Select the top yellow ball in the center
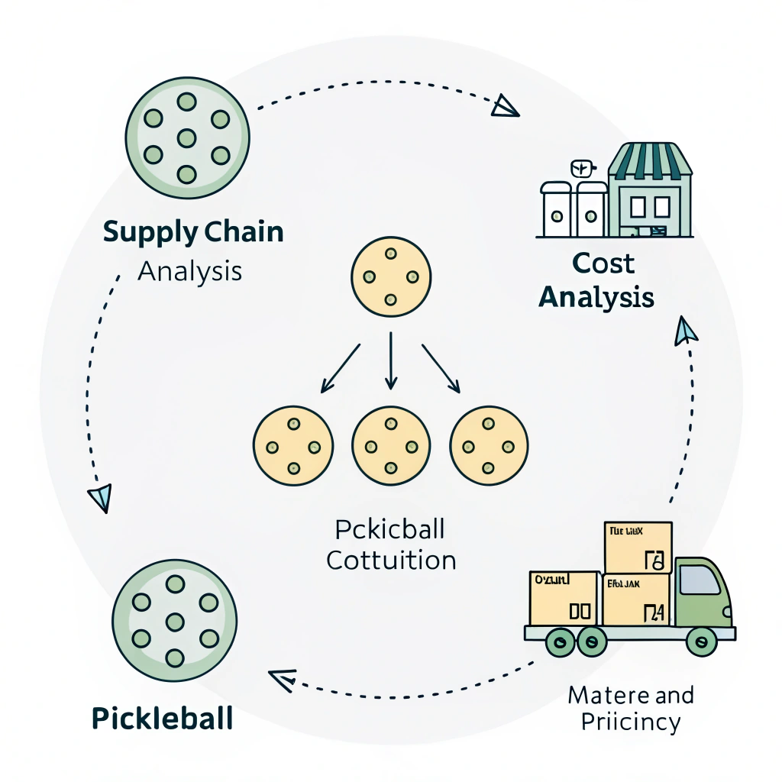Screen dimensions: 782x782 [x=390, y=276]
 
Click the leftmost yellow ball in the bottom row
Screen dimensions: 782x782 [x=293, y=445]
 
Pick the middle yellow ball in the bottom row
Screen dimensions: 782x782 [x=391, y=445]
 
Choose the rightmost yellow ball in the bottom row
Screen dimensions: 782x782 [x=490, y=445]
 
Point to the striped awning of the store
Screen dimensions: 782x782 [x=650, y=158]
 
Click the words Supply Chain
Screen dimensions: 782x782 [x=192, y=232]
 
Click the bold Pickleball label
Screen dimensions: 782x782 [x=162, y=719]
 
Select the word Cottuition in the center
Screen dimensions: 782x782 [x=391, y=561]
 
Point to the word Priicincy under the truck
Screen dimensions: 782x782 [x=631, y=722]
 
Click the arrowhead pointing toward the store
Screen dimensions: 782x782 [x=505, y=106]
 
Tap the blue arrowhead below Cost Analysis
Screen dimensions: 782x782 [x=686, y=329]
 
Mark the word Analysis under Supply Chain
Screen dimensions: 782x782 [x=189, y=270]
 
